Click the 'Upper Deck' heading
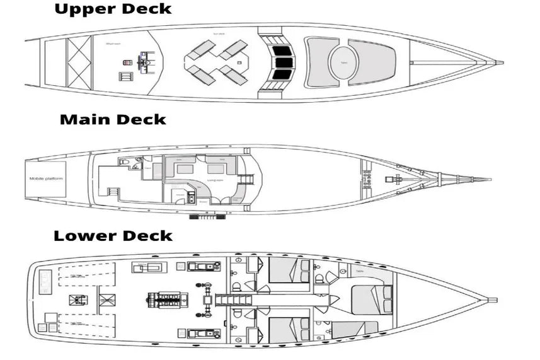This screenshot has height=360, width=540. (113, 9)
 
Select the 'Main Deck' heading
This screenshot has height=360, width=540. (113, 119)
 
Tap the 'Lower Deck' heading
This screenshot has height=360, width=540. (113, 236)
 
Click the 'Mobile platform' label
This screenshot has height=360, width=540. (46, 178)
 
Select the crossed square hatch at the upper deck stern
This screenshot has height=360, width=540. (79, 62)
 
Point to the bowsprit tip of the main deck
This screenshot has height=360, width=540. (488, 180)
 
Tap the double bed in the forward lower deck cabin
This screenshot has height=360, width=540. (372, 299)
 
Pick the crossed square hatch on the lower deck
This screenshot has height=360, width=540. (78, 299)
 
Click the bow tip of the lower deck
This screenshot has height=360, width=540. (495, 300)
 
